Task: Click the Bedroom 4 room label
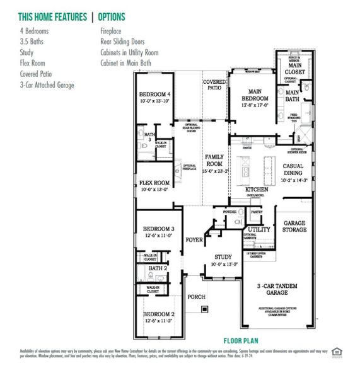(x=155, y=95)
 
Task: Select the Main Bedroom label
(x=254, y=94)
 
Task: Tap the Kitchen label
(x=257, y=189)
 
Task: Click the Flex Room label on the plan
(x=154, y=183)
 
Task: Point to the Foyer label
(x=193, y=240)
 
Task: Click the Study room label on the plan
(x=223, y=257)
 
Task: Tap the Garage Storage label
(x=294, y=227)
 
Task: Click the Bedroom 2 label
(x=158, y=314)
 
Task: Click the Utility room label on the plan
(x=258, y=229)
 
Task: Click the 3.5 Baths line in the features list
(x=32, y=41)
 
